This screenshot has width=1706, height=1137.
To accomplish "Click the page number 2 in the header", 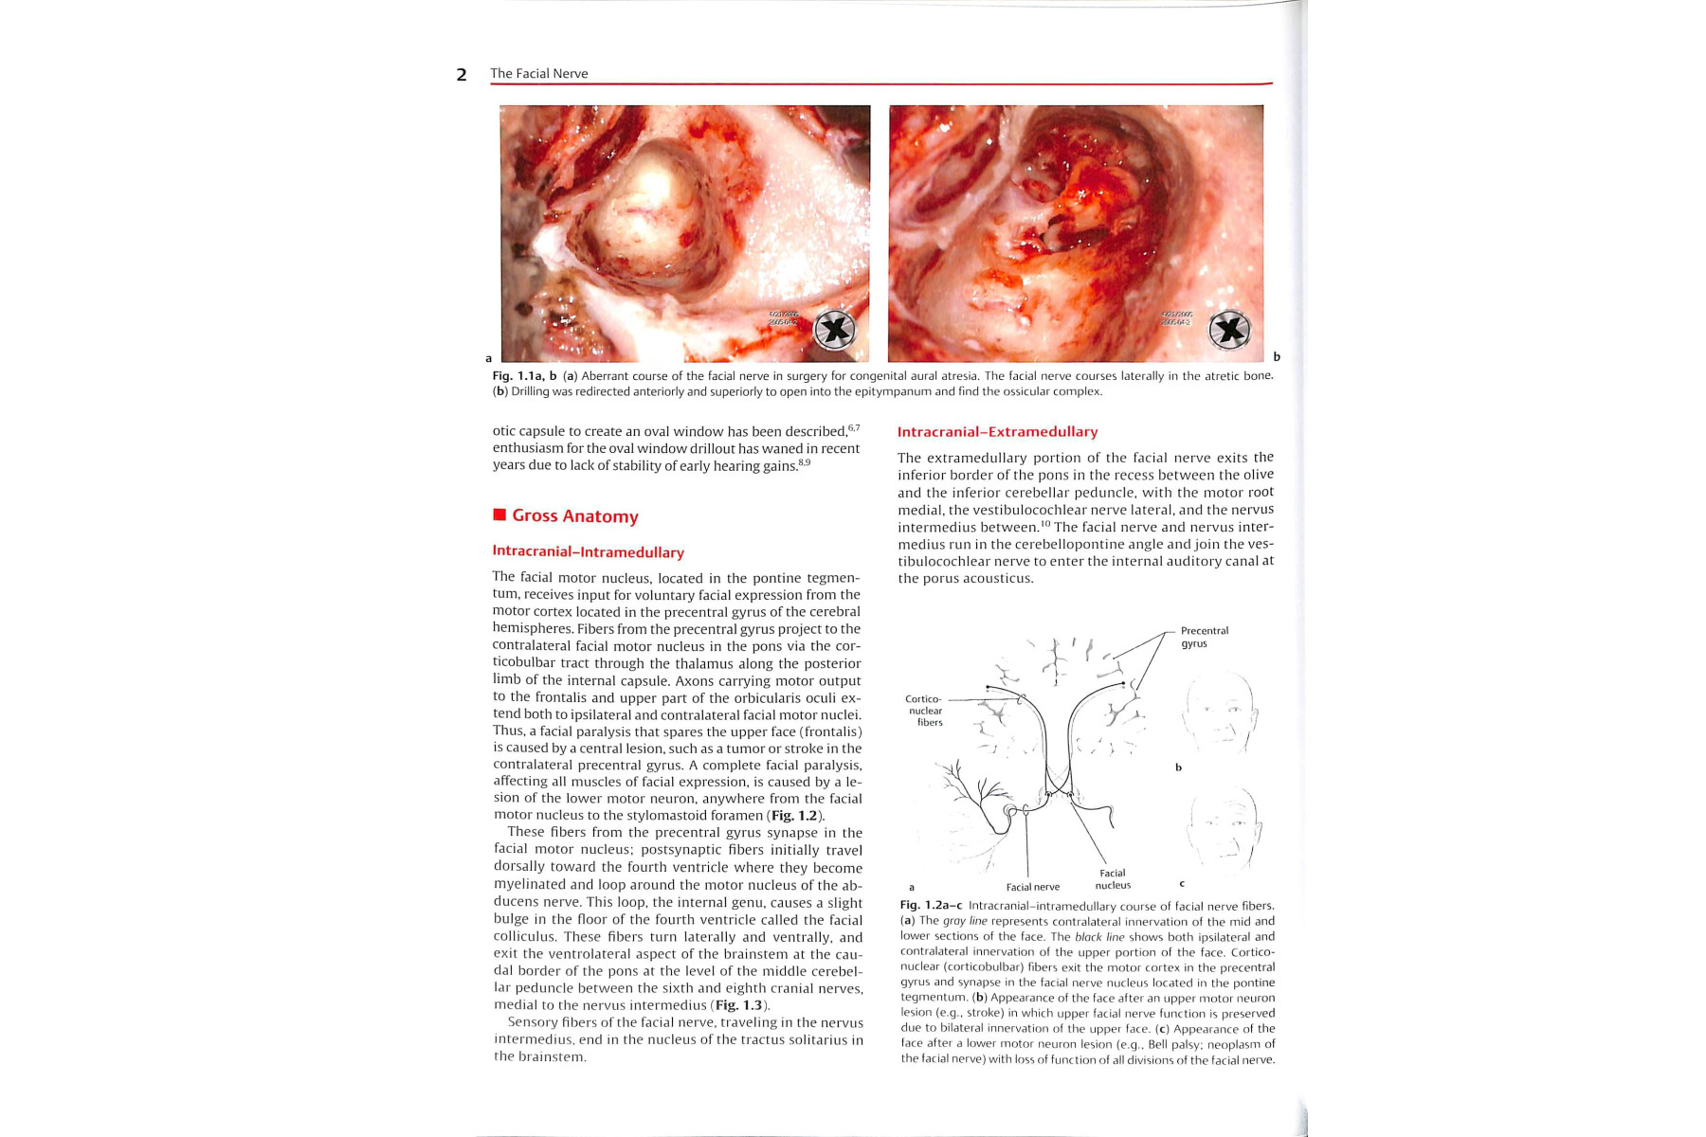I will pos(462,75).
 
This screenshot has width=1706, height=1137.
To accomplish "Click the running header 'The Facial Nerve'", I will pos(538,74).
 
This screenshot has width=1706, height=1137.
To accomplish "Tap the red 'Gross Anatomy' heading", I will pos(574,516).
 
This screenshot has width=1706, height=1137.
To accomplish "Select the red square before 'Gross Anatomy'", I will pos(499,514).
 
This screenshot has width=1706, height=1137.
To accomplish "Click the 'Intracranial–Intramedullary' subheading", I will pos(588,552).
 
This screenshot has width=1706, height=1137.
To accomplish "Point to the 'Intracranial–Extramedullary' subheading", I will pos(997,432).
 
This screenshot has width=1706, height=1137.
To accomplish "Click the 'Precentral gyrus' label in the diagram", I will pos(1204,637).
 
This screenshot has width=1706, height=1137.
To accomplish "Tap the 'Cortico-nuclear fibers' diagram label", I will pos(925,711).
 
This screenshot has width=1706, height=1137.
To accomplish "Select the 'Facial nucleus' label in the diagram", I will pos(1113,879).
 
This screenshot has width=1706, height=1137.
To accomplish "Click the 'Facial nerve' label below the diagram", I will pos(1032,887).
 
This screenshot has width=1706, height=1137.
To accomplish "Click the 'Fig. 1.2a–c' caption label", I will pos(931,906).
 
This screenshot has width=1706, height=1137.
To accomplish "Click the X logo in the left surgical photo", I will pos(835,329).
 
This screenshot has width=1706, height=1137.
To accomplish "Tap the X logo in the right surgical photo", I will pos(1229,330).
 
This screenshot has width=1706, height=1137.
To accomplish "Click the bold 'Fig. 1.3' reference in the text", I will pos(738,1005).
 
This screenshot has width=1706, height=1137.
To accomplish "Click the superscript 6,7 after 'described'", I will pos(853,428).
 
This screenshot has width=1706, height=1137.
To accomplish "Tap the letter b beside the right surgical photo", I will pos(1276,357).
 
